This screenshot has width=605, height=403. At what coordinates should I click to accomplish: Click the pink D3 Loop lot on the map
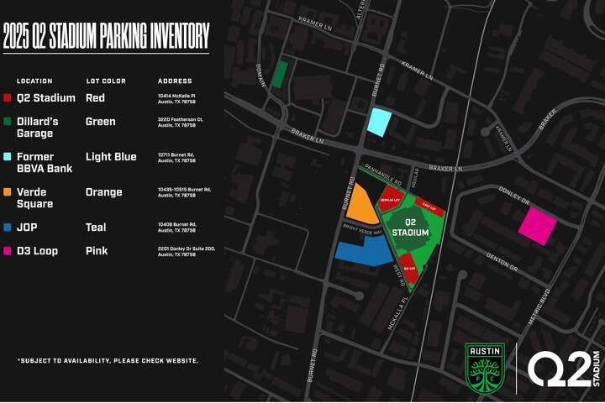[538, 226]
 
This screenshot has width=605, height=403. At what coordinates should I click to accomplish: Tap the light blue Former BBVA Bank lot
[380, 123]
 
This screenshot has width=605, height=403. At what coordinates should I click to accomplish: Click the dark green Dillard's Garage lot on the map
[280, 75]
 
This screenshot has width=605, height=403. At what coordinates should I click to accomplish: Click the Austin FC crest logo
[485, 367]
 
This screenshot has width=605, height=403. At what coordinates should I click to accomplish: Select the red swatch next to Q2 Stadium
[8, 98]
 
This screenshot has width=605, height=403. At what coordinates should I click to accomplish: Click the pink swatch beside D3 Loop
[8, 251]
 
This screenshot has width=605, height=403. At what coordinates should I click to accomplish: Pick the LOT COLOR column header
[106, 81]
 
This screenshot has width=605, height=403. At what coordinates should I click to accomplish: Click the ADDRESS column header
[175, 81]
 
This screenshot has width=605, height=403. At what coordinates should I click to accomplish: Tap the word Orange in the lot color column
[104, 192]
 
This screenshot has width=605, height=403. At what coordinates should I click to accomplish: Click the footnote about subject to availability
[108, 360]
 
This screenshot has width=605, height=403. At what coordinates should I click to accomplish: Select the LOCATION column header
[34, 81]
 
